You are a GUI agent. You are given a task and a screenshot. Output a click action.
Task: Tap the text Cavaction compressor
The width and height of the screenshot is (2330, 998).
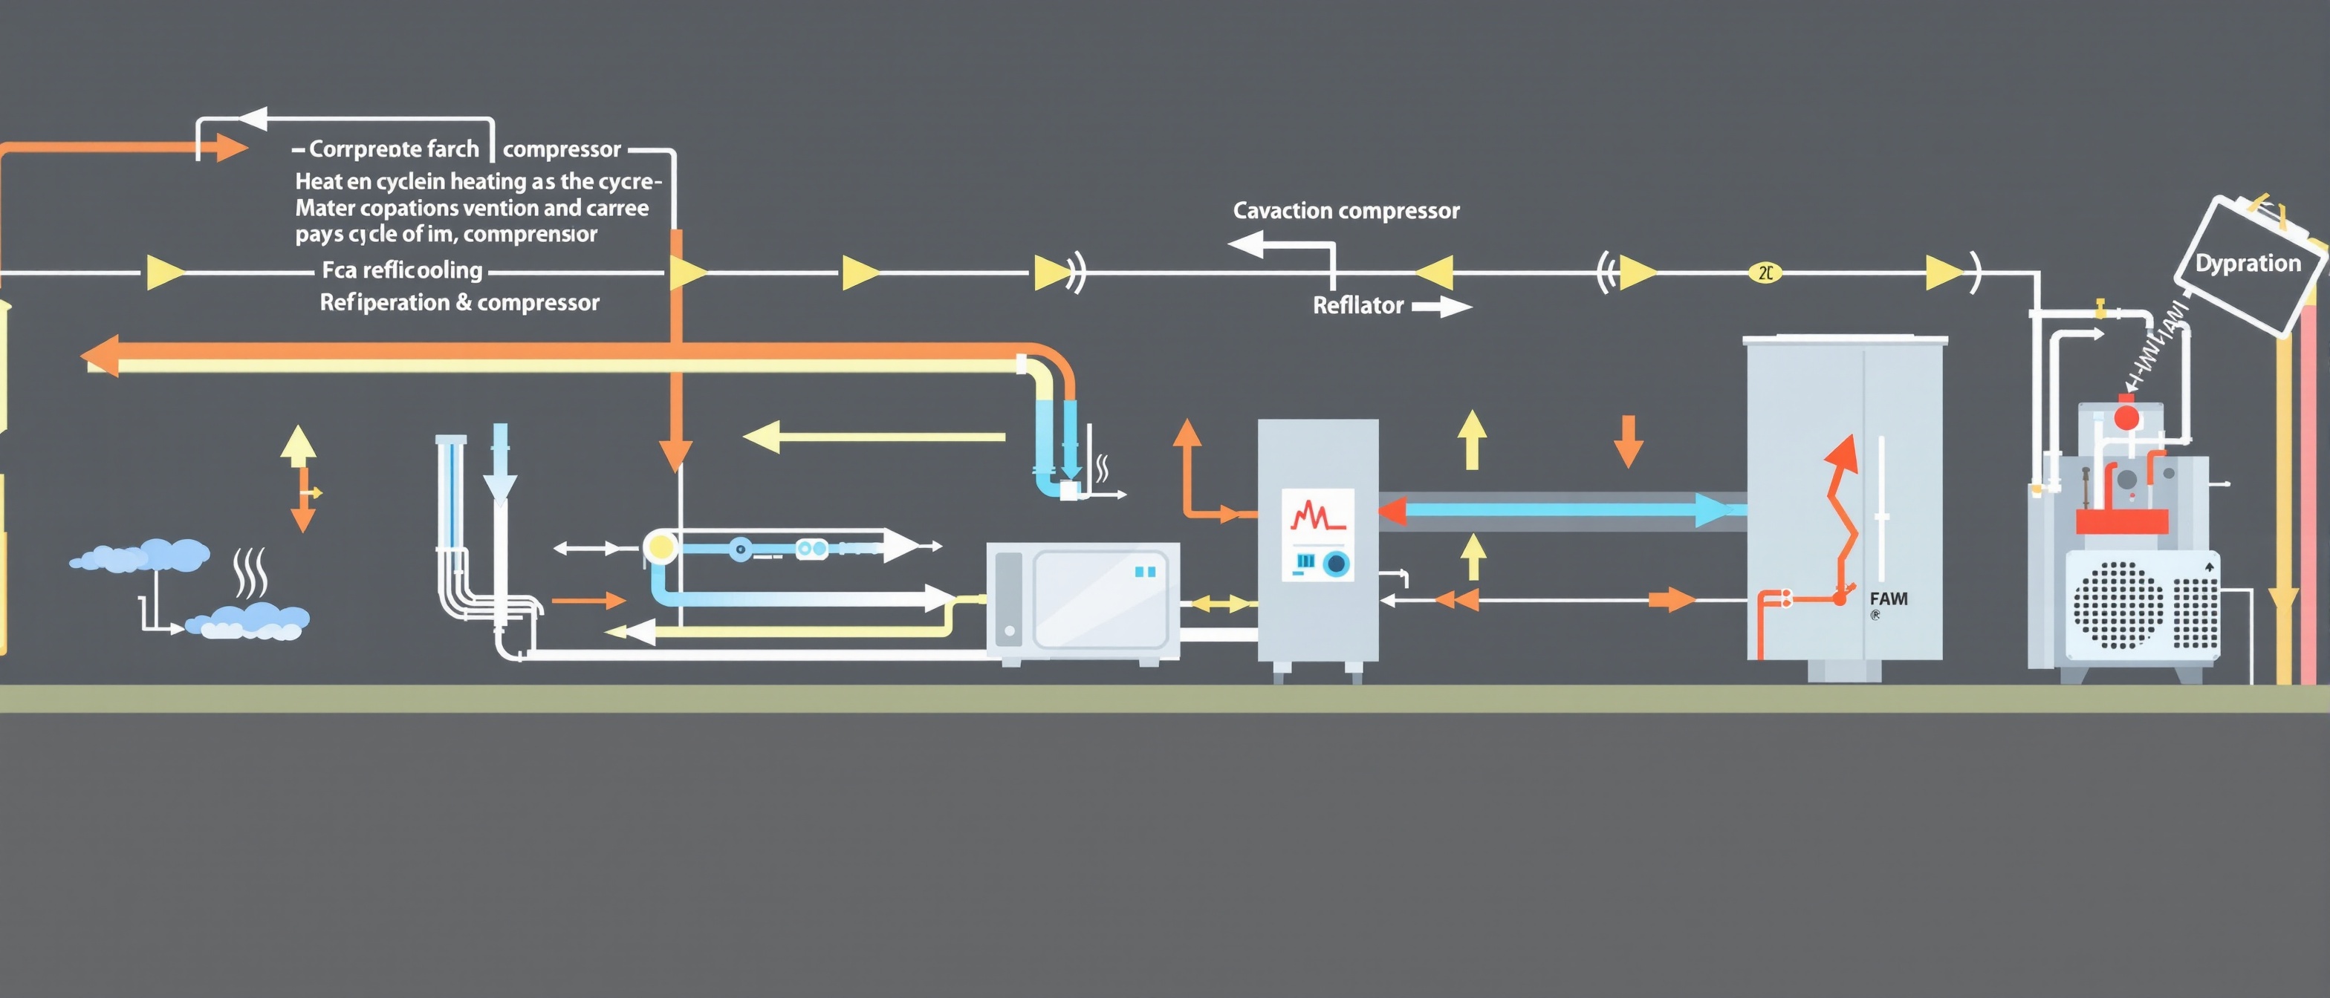click(x=1346, y=212)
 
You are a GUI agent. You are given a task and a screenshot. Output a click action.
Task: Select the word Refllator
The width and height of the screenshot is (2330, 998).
click(x=1357, y=305)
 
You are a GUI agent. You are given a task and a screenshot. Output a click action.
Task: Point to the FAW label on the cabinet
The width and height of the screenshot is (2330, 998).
click(x=1889, y=599)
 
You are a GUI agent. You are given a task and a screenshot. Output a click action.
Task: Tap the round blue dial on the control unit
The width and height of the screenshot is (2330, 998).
click(x=1336, y=565)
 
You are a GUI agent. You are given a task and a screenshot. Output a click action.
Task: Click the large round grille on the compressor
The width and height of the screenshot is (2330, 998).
click(x=2118, y=604)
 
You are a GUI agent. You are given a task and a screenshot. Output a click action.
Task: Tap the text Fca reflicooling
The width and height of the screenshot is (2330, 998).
click(x=403, y=270)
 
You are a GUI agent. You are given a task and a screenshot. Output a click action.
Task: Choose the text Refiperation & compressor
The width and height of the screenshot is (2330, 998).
click(x=459, y=303)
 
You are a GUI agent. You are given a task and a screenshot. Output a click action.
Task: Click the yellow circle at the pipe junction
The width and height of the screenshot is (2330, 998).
click(x=662, y=548)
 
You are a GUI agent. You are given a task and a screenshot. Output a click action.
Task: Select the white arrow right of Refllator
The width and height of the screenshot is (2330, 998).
click(x=1443, y=307)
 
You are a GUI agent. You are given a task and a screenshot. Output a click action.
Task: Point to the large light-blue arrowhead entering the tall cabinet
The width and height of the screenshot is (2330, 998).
click(x=1714, y=511)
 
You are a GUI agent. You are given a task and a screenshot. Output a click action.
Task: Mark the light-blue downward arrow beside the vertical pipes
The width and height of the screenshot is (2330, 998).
click(x=500, y=466)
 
